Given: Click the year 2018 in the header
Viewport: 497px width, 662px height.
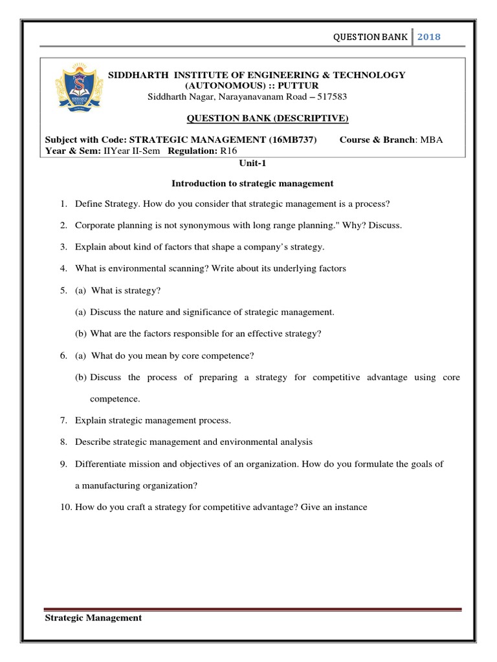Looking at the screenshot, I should coord(429,37).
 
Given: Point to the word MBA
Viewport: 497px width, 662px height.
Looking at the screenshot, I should coord(432,140).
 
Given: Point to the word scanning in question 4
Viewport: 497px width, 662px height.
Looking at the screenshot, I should coord(182,268).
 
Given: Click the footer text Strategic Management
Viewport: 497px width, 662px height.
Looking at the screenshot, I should coord(93,617).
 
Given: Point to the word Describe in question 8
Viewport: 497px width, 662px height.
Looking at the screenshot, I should coord(93,442).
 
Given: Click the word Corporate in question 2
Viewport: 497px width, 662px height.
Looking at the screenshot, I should coord(94,226).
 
